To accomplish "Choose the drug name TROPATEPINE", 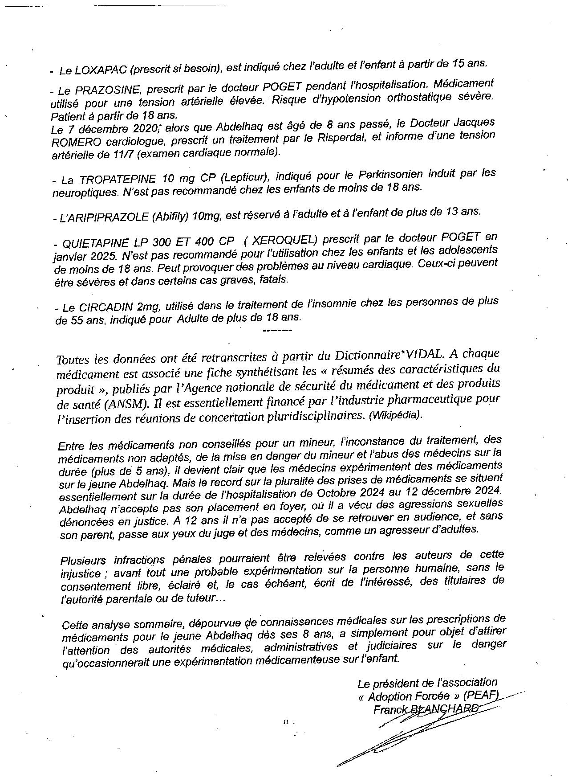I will click(x=118, y=180).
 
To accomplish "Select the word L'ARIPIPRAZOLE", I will click(x=101, y=217).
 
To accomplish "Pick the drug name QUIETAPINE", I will click(x=97, y=243).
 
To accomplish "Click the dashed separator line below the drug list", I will click(x=278, y=331).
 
